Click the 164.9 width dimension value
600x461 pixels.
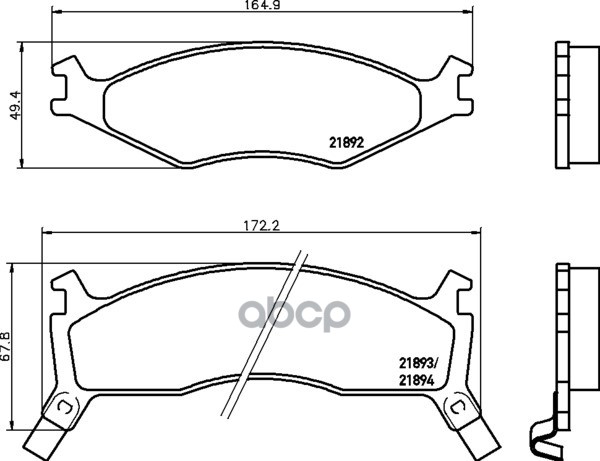pyautogui.click(x=262, y=5)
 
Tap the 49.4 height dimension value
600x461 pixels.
pyautogui.click(x=16, y=105)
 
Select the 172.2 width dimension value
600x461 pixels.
pyautogui.click(x=262, y=226)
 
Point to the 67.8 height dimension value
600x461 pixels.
pyautogui.click(x=6, y=346)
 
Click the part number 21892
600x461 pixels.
pyautogui.click(x=346, y=143)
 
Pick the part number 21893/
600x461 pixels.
pyautogui.click(x=417, y=362)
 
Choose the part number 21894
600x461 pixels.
pyautogui.click(x=416, y=381)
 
